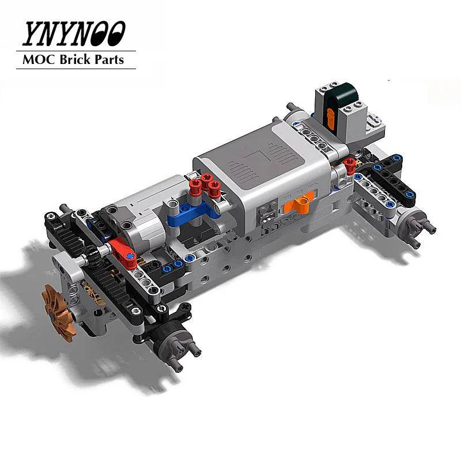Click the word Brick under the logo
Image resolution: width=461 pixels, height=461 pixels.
coord(76,59)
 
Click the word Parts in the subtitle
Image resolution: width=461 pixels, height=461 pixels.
coord(110,59)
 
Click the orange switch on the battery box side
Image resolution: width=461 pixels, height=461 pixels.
coord(300,203)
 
